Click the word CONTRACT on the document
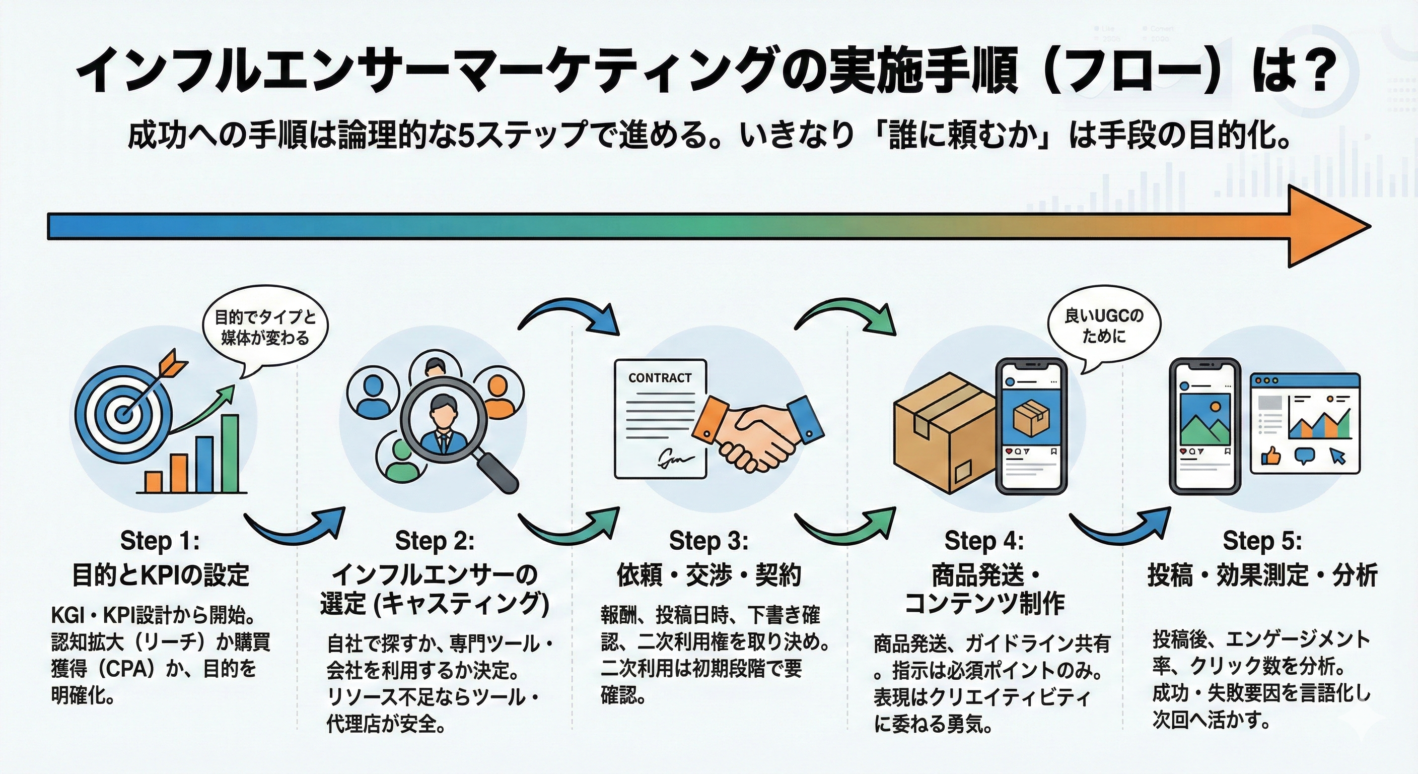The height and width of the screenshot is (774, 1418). (660, 378)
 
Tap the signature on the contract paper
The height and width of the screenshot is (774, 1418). (675, 457)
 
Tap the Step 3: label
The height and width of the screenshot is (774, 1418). (708, 541)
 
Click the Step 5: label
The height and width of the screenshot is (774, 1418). (1262, 541)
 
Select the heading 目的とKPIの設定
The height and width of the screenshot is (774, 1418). (161, 575)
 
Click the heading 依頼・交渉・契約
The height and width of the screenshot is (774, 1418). (708, 575)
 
